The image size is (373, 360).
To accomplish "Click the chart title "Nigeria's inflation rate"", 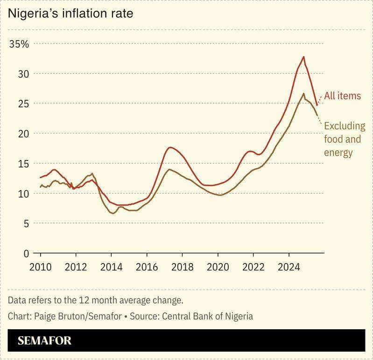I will coord(70,14).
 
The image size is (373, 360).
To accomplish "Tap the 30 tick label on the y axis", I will coord(22,74).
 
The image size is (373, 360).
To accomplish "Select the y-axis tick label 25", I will coord(22,104).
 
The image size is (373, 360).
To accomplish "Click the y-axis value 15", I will coord(22,164).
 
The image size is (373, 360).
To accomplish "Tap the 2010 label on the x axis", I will coord(41,268).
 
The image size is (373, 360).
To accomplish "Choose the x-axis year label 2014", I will coord(111,268).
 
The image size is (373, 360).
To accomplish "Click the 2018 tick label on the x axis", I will coord(182,268).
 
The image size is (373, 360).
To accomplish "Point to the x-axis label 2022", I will coord(253,268).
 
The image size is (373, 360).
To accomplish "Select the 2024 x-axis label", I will coord(289,268).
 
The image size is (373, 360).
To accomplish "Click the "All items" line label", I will coord(343,96).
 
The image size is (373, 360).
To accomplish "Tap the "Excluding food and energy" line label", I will coord(345,139).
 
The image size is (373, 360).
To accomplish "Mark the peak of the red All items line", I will coord(303,57).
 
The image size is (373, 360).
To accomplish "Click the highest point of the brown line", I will coord(304,93).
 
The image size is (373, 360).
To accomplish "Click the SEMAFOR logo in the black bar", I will coord(44,340).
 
